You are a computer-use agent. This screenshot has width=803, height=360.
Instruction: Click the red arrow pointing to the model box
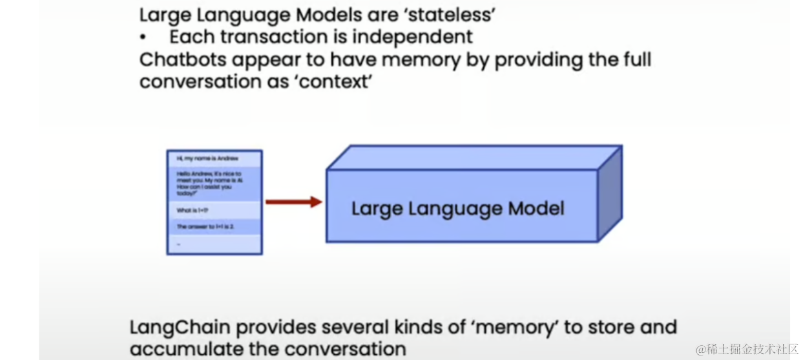(293, 202)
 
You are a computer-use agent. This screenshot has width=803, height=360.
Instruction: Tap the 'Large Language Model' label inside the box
(457, 208)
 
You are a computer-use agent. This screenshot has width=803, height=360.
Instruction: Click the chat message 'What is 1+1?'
(193, 210)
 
